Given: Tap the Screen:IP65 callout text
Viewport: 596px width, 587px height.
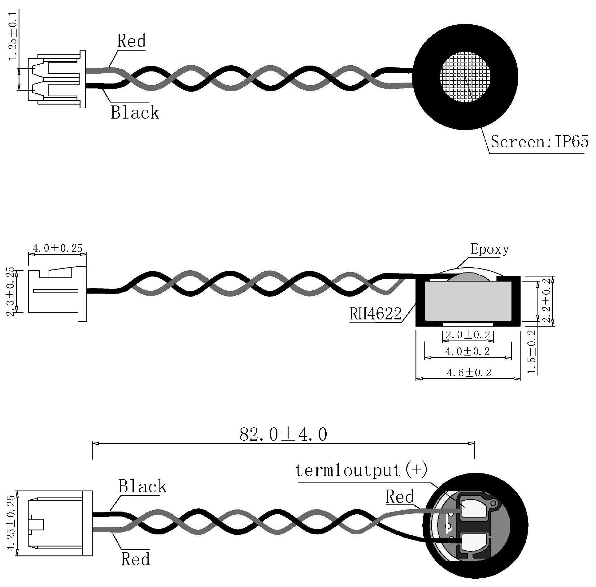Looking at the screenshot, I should [539, 142].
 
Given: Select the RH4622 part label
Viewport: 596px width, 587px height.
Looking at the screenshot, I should [375, 314].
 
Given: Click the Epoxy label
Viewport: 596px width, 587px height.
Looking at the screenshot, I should [489, 249].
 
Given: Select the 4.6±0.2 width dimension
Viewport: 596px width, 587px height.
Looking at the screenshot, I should [469, 373].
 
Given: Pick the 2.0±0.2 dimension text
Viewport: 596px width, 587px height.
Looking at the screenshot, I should [468, 335].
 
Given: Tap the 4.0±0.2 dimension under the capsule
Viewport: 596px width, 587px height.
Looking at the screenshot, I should [467, 352].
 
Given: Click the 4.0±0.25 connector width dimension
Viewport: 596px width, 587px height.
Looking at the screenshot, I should [57, 248].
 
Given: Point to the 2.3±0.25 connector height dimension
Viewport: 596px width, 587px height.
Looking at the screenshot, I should [11, 291].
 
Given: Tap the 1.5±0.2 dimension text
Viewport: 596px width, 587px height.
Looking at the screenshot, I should [531, 352].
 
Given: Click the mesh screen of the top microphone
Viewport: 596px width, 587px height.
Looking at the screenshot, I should [465, 76].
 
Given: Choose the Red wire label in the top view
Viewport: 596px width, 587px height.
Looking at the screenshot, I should [131, 41].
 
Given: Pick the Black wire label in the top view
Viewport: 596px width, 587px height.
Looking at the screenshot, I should [135, 113].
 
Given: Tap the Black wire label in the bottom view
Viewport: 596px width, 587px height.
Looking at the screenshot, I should [142, 486].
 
